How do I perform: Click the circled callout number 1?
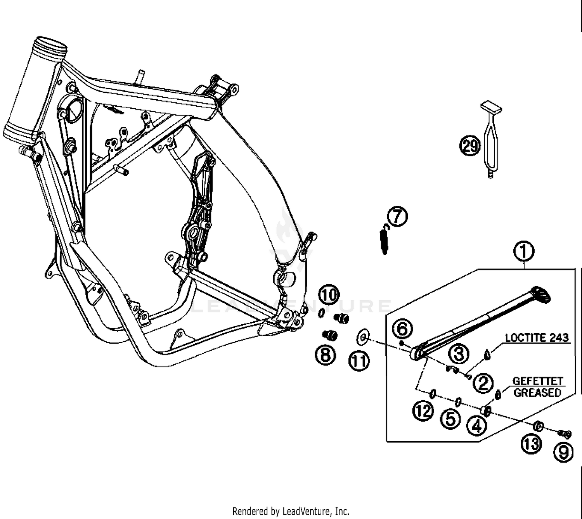(x=524, y=251)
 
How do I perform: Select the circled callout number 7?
(x=397, y=216)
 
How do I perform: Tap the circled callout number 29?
(x=470, y=146)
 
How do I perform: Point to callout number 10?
(x=329, y=295)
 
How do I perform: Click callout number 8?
(x=326, y=355)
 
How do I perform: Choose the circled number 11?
(x=359, y=361)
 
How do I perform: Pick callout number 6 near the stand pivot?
(x=402, y=329)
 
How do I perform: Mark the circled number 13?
(x=531, y=443)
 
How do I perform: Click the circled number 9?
(x=563, y=452)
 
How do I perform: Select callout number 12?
(x=423, y=411)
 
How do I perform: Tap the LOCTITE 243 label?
(x=537, y=338)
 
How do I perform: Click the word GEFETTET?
(x=537, y=381)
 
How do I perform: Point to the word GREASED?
(x=537, y=393)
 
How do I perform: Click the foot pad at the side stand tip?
(x=542, y=295)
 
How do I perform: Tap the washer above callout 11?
(x=363, y=337)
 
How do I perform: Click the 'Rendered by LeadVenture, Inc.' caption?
(x=291, y=511)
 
